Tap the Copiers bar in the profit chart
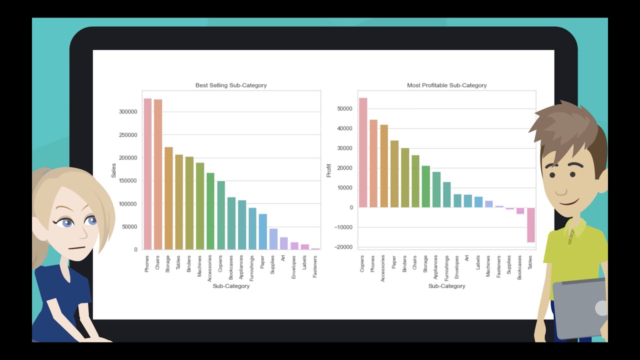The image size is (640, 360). click(x=363, y=152)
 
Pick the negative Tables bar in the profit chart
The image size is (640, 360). click(x=530, y=225)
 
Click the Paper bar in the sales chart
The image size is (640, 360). click(x=262, y=231)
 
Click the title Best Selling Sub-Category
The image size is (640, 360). click(x=231, y=85)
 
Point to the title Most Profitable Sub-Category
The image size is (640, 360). click(x=446, y=85)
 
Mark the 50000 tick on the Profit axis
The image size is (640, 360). click(x=344, y=108)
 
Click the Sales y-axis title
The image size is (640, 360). click(x=113, y=171)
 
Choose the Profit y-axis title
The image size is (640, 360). click(x=329, y=171)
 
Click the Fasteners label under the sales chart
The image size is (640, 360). click(x=315, y=266)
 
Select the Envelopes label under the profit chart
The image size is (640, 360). click(x=456, y=266)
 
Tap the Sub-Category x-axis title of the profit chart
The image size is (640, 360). click(x=446, y=286)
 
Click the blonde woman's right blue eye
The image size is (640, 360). click(x=91, y=220)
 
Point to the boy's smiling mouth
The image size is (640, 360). click(x=570, y=202)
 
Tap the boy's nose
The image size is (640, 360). click(x=561, y=190)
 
